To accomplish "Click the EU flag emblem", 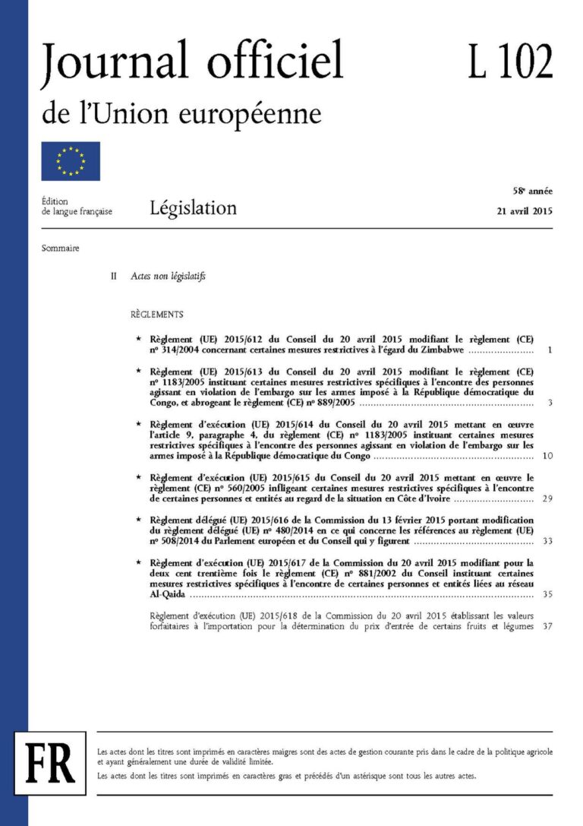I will pos(71,161).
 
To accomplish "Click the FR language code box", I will pos(50,759).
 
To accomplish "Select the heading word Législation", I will pos(193,207).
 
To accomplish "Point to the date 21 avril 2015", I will pos(520,211).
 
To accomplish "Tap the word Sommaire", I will pos(61,248).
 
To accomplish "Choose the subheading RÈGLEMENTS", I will pos(156,314).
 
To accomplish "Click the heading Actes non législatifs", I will pos(169,277).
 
